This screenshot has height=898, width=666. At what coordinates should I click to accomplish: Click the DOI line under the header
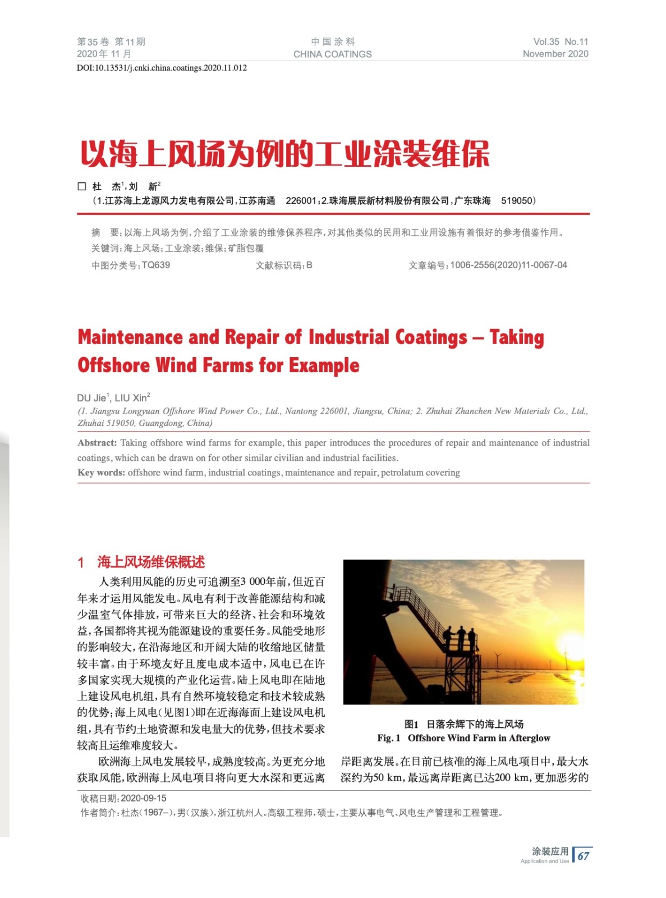point(162,68)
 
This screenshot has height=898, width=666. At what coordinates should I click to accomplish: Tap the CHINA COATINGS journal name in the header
point(332,54)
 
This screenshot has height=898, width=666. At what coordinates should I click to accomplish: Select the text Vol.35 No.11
point(561,42)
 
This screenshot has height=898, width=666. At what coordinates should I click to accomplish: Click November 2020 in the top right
point(555,54)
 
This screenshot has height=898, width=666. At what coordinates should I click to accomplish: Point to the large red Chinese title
point(284,154)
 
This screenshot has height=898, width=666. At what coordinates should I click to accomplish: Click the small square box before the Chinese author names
point(82,186)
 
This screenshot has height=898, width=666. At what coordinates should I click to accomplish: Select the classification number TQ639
point(156,265)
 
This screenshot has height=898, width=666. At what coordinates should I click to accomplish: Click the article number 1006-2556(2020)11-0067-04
point(508,265)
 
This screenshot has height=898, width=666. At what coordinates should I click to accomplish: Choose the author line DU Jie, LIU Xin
point(113,398)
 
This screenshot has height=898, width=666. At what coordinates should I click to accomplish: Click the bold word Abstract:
point(97,443)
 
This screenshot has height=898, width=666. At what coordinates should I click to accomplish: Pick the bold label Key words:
point(101,473)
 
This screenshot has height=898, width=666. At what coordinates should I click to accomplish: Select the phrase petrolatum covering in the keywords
point(420,473)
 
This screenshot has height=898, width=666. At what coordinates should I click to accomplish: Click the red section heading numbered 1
point(141,562)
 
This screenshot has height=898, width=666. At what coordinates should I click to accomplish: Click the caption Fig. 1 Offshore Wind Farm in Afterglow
point(463,738)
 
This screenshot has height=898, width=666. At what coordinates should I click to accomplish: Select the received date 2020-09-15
point(144,798)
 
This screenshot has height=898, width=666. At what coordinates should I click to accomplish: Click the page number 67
point(584,856)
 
